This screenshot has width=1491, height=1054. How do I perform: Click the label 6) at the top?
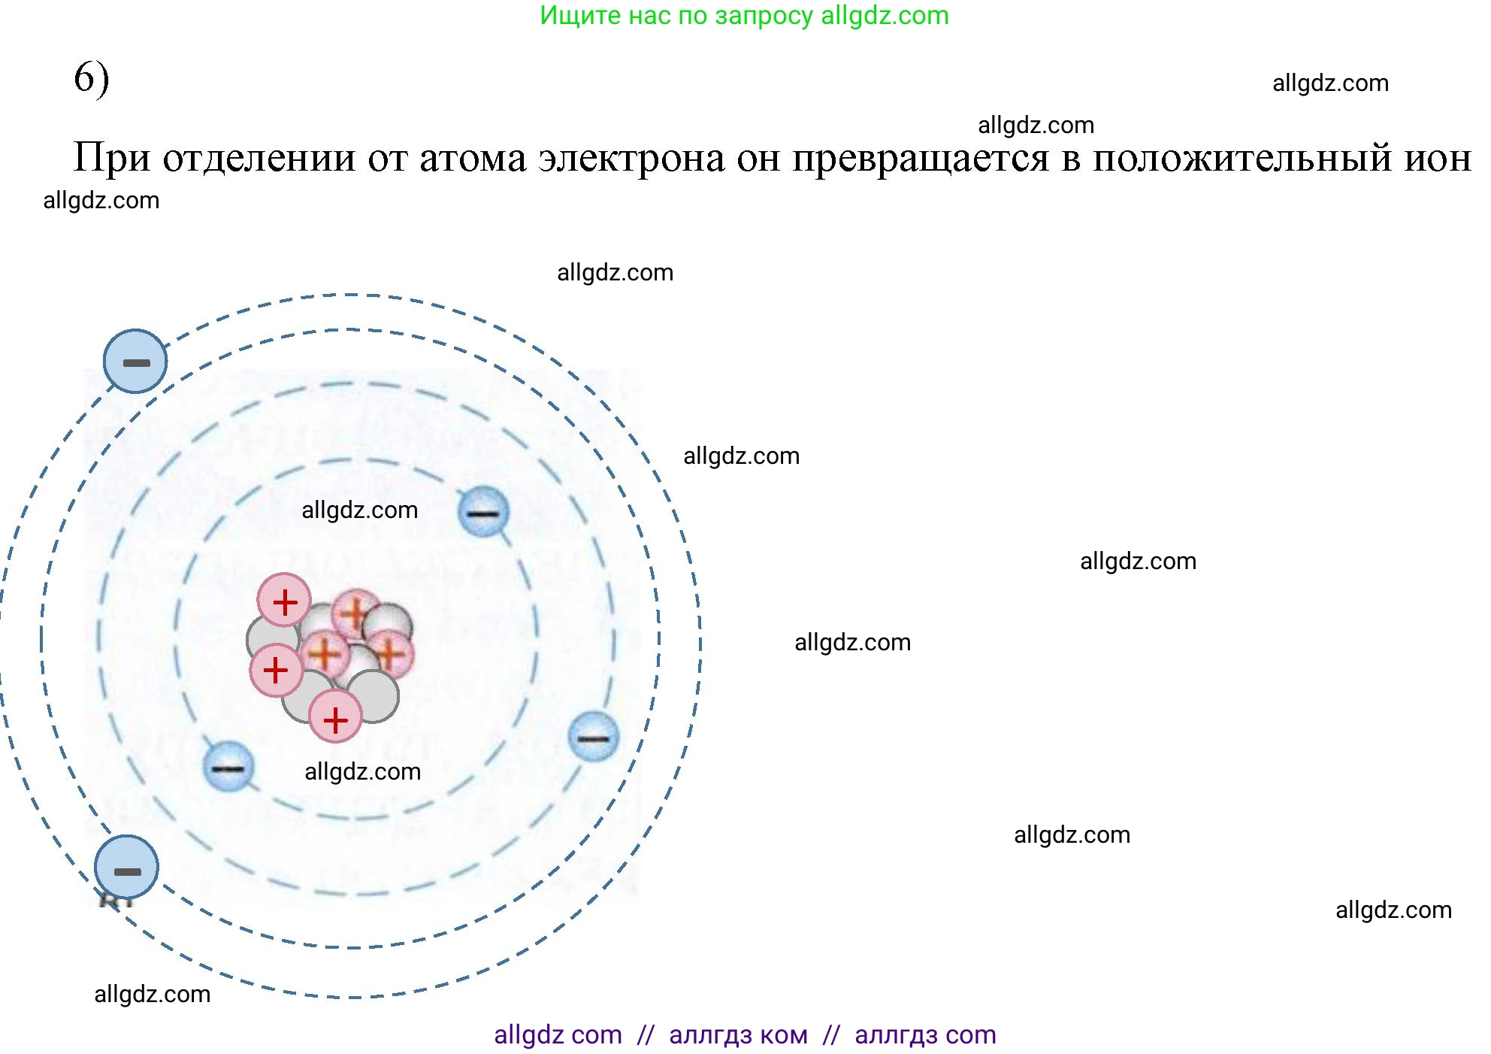91,78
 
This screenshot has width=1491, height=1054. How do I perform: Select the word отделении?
259,159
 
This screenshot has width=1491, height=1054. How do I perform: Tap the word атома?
473,159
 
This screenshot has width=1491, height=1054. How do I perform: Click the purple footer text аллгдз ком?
738,1035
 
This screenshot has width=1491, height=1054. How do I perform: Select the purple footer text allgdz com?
558,1035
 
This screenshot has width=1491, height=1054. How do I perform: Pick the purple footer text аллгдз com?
925,1035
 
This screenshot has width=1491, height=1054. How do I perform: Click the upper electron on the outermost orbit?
135,362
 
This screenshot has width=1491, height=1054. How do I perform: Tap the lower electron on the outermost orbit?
126,868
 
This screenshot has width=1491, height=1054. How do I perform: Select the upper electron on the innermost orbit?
483,512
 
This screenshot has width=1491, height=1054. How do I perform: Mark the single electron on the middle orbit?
594,737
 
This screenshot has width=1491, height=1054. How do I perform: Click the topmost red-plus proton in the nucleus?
284,601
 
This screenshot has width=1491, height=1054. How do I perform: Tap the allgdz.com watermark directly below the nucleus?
362,772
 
